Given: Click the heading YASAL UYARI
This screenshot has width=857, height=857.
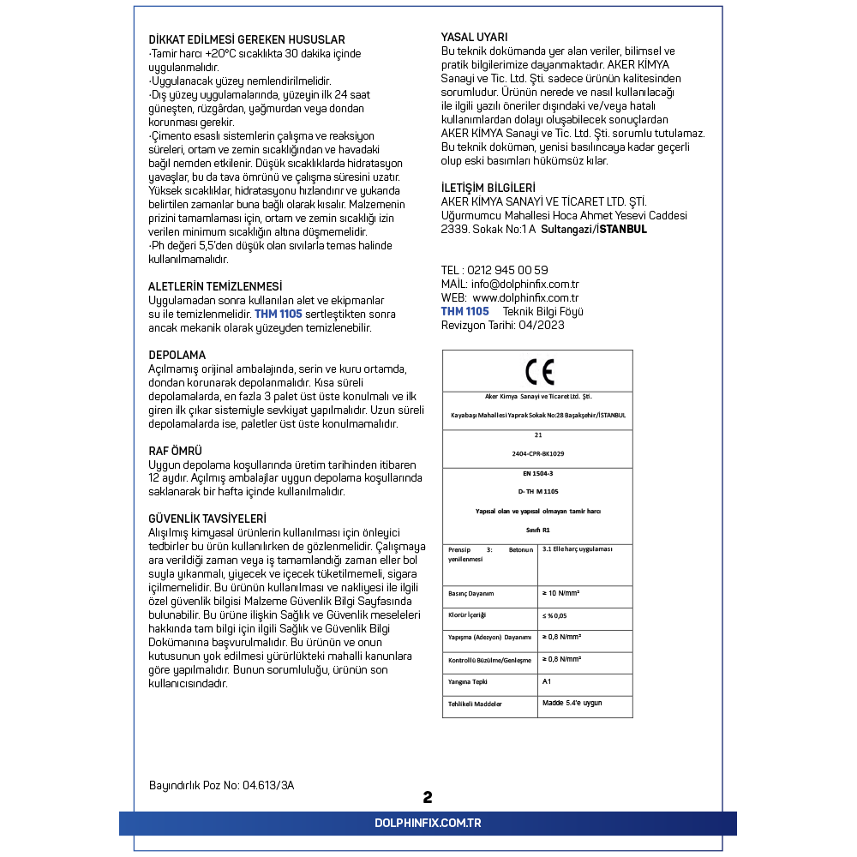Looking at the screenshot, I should (x=474, y=37).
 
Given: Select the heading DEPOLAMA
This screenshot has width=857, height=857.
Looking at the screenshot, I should (x=177, y=355).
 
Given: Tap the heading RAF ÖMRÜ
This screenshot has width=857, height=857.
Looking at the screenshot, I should (x=176, y=451).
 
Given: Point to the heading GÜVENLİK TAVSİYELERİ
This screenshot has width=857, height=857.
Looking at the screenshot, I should (x=207, y=518).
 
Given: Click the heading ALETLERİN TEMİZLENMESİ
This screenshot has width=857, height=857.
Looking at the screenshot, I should (x=215, y=286).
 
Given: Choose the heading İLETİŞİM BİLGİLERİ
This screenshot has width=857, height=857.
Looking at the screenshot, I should (x=488, y=188).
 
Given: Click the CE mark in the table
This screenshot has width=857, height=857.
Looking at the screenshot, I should (x=539, y=371).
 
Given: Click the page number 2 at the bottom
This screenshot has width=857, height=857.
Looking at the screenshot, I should (x=428, y=797).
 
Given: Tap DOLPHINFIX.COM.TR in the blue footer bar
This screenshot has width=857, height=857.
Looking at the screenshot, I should (x=428, y=823).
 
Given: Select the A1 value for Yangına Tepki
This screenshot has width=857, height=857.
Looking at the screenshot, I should (x=547, y=681).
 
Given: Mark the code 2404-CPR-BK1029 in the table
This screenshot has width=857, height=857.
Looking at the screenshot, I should (x=537, y=452).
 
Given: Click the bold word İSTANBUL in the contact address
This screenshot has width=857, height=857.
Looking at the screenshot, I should (x=623, y=230).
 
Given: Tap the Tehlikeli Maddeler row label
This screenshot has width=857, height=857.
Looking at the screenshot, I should (x=476, y=704).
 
